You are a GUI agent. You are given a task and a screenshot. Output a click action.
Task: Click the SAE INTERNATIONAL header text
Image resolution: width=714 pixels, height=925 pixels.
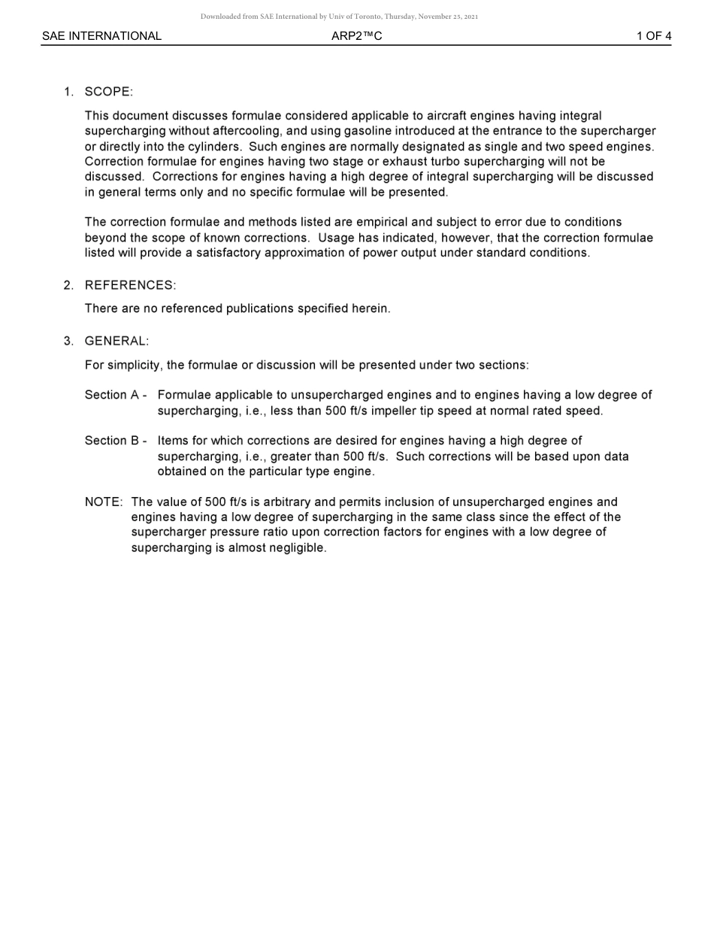(x=101, y=36)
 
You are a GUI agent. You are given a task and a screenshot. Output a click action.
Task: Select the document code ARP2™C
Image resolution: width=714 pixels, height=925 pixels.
(x=356, y=36)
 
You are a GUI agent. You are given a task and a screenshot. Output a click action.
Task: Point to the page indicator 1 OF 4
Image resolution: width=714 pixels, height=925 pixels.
(x=653, y=36)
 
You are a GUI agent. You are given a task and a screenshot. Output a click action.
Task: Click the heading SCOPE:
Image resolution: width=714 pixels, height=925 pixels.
(x=108, y=92)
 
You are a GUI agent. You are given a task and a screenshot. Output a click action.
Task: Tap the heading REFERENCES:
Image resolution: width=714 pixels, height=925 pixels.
(x=130, y=285)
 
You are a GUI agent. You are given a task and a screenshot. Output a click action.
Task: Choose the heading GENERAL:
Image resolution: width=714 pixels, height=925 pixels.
(x=116, y=341)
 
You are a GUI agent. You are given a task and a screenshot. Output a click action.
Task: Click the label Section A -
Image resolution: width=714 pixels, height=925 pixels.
(x=115, y=395)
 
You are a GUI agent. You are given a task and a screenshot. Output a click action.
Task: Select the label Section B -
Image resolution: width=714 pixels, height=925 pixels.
(x=115, y=441)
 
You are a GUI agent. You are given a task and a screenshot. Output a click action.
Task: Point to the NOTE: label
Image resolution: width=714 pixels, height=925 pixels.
(x=103, y=502)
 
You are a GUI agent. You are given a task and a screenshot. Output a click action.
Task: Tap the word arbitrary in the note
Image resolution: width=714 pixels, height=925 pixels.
(x=297, y=502)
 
